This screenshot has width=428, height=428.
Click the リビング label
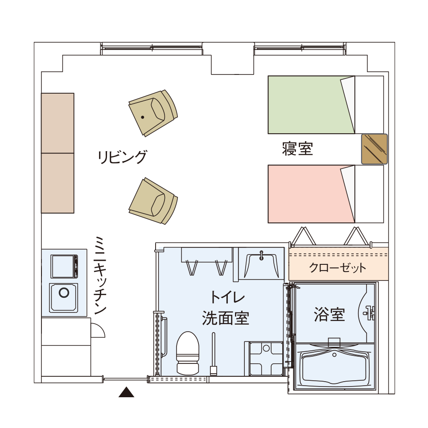click(x=122, y=157)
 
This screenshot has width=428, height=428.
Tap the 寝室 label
click(x=297, y=149)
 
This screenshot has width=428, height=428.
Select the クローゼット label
click(x=337, y=268)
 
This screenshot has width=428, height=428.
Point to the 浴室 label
click(x=329, y=314)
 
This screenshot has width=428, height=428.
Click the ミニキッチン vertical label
click(x=100, y=275)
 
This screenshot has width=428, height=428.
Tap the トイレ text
click(x=227, y=297)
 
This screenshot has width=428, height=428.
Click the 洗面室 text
click(x=226, y=318)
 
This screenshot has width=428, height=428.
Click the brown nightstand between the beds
click(x=374, y=149)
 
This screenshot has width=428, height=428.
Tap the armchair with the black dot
click(x=153, y=113)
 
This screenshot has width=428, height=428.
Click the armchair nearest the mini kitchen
click(x=153, y=201)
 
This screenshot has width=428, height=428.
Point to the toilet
click(x=188, y=353)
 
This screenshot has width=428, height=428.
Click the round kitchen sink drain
click(x=64, y=292)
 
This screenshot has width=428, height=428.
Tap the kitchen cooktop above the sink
click(x=64, y=266)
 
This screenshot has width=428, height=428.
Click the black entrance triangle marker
click(x=126, y=392)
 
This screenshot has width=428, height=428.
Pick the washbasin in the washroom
click(x=261, y=265)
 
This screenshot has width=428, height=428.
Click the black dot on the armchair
click(x=143, y=117)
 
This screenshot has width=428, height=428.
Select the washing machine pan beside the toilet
click(x=266, y=358)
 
